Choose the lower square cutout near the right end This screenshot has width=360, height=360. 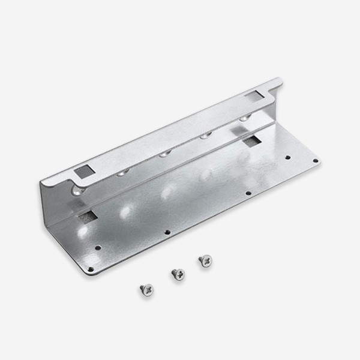tap(252, 142)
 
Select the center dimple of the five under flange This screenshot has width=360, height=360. tap(163, 154)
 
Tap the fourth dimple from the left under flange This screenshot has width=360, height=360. tap(204, 137)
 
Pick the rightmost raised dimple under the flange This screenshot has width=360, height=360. tap(243, 119)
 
